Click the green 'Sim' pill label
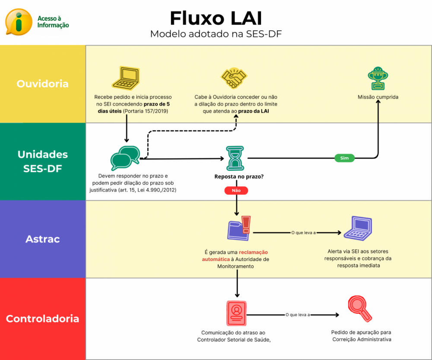344,158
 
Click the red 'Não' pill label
236,190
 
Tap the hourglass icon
236,158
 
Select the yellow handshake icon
234,79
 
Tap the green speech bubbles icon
125,158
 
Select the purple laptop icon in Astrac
358,228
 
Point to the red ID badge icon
236,313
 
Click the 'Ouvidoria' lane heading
42,83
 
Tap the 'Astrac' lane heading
42,239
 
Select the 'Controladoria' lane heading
42,319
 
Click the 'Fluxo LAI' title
216,18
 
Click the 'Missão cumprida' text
378,97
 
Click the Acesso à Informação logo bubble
19,22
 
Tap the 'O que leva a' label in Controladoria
298,315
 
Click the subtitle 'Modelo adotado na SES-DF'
216,34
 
